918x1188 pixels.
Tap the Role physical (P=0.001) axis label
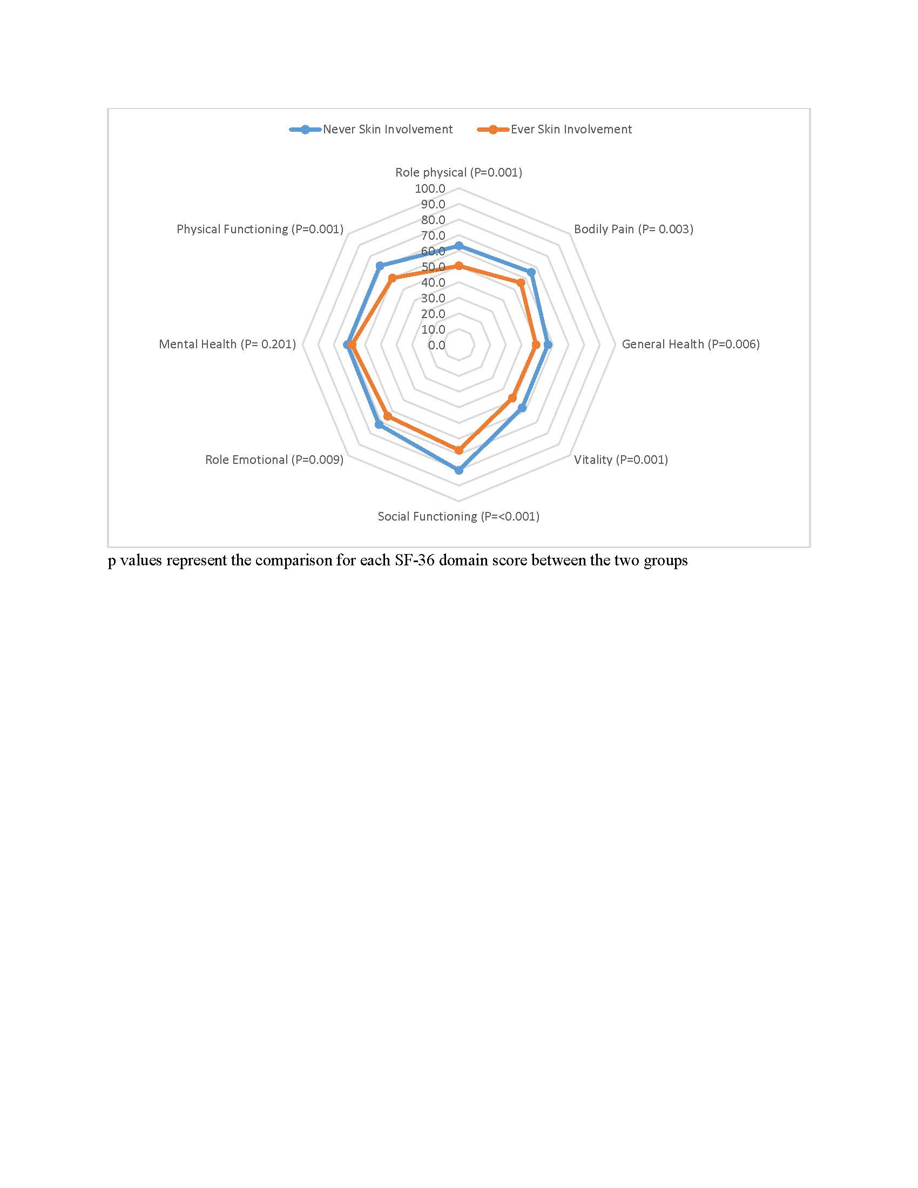[458, 172]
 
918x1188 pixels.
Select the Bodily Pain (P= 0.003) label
[633, 229]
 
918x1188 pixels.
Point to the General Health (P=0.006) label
[691, 345]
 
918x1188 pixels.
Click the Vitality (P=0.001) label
[620, 460]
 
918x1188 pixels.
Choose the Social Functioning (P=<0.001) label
[458, 516]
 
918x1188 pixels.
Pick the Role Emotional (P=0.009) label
[274, 460]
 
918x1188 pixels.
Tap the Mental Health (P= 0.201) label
[227, 345]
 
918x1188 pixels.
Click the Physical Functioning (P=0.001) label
[260, 229]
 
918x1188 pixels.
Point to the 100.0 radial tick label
[430, 189]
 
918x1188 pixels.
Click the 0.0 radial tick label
[436, 346]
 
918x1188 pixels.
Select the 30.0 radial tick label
[433, 298]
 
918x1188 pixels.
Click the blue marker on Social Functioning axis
[458, 470]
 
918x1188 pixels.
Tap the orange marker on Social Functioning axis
[458, 450]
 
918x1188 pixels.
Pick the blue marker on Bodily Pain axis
[531, 272]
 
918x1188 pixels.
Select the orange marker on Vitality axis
[512, 398]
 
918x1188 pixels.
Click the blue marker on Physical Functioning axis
[380, 266]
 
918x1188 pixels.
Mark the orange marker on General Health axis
[536, 345]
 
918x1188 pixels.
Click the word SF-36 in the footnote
[415, 561]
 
